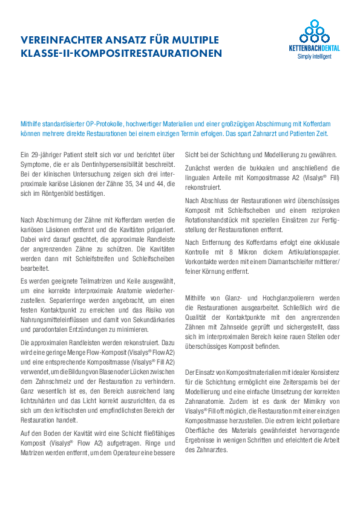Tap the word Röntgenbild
(53, 193)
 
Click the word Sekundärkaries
(153, 320)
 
